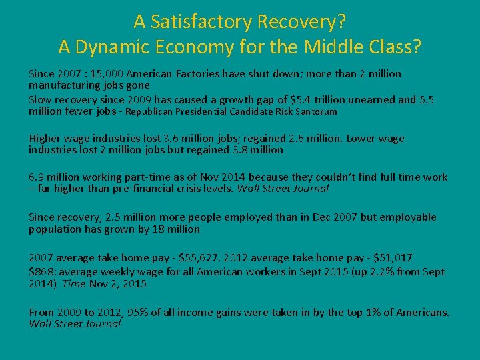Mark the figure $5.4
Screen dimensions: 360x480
coord(302,100)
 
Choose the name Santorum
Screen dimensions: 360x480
coord(313,112)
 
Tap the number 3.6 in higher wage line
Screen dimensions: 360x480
coord(171,139)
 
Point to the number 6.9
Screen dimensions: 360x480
coord(37,177)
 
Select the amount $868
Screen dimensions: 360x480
coord(41,272)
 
